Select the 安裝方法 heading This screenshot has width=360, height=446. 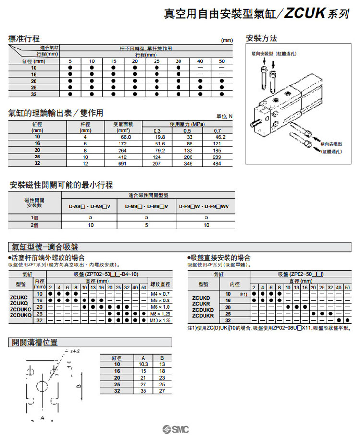tap(262, 38)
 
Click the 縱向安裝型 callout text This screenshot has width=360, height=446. tap(271, 53)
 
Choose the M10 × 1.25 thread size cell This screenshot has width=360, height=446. tap(160, 320)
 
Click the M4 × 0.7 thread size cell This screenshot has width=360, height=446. tap(160, 293)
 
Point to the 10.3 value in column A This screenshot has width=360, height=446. tap(143, 364)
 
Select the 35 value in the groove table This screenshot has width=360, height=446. tap(143, 391)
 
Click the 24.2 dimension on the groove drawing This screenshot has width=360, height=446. tap(74, 351)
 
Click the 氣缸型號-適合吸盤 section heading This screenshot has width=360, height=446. tap(45, 247)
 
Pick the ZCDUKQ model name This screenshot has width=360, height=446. tap(21, 315)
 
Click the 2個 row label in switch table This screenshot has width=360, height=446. tap(34, 225)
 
